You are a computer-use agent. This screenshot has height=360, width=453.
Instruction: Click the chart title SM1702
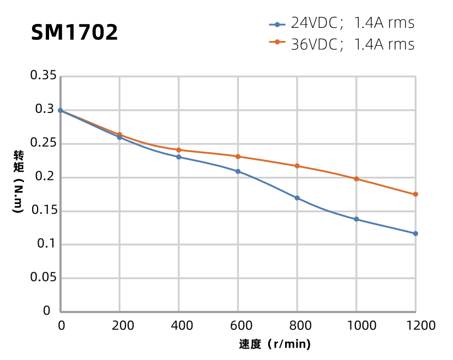74,33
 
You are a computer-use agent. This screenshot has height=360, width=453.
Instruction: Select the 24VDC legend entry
342,23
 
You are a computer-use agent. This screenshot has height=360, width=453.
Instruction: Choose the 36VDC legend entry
342,44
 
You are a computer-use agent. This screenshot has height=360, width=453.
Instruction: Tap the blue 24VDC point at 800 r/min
297,198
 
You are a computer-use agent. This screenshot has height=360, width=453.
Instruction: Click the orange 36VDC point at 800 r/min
297,166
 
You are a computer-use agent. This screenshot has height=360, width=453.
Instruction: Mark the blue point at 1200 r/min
415,233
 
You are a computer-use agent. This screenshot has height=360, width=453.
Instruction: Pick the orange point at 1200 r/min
415,194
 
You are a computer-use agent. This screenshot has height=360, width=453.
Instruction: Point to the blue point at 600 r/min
238,171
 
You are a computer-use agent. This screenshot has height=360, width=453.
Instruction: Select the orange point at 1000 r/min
357,179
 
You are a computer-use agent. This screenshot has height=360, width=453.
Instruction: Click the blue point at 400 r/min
179,157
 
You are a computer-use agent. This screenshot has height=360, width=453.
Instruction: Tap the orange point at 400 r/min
179,150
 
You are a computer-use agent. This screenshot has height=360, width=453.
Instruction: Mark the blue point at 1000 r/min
357,219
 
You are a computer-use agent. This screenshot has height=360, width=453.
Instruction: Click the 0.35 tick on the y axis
43,76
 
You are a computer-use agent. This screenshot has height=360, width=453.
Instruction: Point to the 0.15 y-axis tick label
43,211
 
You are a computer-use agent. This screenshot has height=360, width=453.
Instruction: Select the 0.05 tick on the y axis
43,278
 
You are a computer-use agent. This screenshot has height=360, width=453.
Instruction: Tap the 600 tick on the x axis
238,326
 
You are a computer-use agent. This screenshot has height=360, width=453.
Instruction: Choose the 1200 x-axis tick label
415,326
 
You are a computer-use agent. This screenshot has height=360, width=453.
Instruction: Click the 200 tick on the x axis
119,326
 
